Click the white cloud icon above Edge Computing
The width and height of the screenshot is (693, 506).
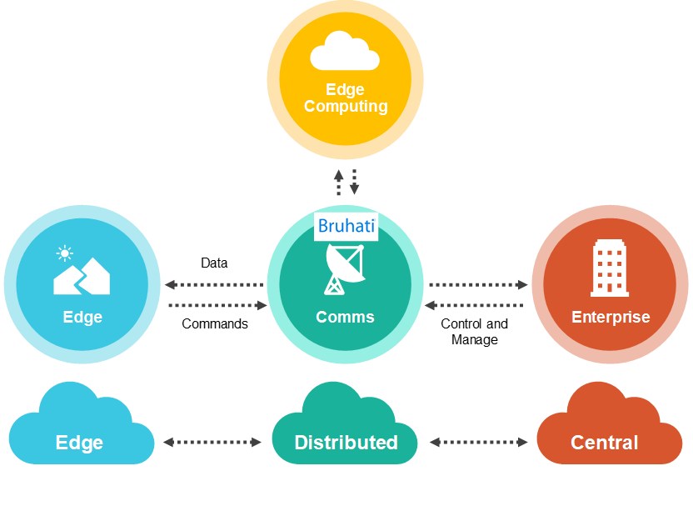[345, 53]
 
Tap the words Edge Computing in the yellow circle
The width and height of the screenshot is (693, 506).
[346, 98]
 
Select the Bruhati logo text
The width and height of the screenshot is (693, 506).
[346, 226]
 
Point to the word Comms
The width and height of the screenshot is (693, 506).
[345, 317]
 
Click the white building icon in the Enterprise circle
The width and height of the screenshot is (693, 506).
[610, 268]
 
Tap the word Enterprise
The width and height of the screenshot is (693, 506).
[611, 317]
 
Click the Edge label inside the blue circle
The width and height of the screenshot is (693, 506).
[82, 317]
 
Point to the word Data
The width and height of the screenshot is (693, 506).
[214, 263]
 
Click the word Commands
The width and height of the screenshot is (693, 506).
[215, 323]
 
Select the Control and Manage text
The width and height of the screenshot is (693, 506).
[474, 332]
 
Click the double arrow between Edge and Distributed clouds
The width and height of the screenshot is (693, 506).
[213, 442]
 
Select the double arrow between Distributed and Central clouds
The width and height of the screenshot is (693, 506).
[479, 442]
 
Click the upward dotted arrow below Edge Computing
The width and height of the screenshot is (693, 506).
[338, 183]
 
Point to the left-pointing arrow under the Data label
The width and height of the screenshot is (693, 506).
[214, 285]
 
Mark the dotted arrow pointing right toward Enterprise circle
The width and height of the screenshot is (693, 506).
[478, 285]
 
